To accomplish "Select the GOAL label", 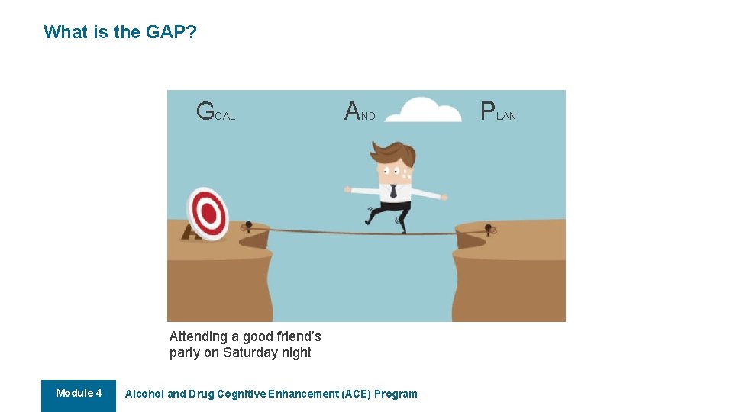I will [215, 112].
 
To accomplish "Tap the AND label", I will [360, 112].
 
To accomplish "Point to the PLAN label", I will [498, 112].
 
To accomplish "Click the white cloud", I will [428, 111].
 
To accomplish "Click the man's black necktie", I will [393, 191].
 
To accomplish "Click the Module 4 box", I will [79, 394].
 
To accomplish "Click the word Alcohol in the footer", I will [144, 394].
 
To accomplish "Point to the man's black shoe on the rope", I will [400, 226].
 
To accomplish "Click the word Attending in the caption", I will [199, 336].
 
